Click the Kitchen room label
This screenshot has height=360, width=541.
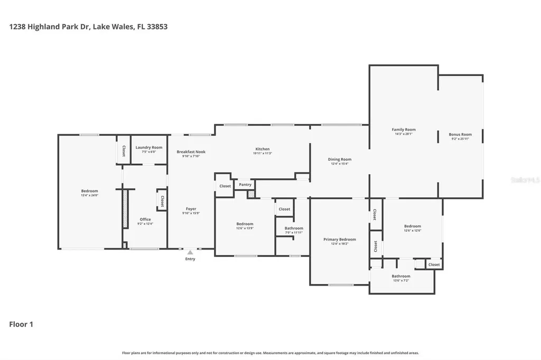point(263,149)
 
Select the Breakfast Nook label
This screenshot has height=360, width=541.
point(191,151)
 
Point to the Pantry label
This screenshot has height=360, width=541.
point(245,185)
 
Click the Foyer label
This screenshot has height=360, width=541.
point(191,209)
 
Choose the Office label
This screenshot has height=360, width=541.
point(145,219)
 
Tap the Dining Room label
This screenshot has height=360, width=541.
point(340,159)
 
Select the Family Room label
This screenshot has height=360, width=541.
point(404,129)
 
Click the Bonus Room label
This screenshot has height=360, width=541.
point(460,135)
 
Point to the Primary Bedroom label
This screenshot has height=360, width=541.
point(340,239)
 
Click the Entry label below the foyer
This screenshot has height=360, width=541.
point(190,259)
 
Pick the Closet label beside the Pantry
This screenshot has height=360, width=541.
point(225,186)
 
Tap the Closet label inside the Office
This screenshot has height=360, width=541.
point(162,201)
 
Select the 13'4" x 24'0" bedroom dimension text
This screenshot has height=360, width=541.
point(89,195)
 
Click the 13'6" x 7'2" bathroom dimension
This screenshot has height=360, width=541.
point(401,280)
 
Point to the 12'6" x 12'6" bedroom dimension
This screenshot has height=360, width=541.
point(413,230)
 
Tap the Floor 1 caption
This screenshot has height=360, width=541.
point(21,325)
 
